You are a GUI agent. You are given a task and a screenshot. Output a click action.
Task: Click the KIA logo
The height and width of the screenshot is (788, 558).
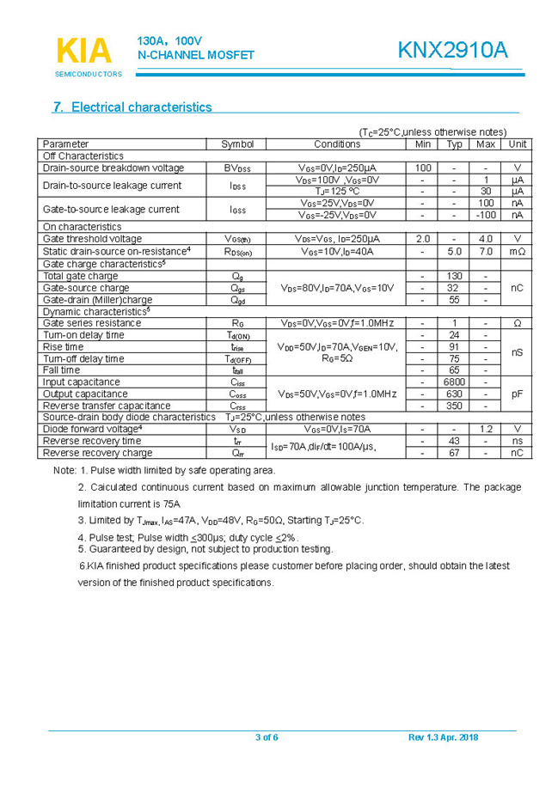(x=84, y=52)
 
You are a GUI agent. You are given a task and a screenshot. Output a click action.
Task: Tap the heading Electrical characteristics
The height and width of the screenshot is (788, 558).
(x=132, y=107)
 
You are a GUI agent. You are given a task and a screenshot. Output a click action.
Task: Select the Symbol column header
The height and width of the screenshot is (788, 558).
(x=237, y=144)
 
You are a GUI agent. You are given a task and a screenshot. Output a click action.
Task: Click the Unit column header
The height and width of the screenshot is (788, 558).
(x=517, y=144)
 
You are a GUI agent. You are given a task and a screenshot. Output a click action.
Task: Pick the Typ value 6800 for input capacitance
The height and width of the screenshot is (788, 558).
(x=454, y=382)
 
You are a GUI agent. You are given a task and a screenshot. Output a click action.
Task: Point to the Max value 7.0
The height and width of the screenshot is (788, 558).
(x=486, y=252)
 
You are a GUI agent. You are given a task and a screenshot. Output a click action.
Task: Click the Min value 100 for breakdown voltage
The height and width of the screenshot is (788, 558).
(x=423, y=168)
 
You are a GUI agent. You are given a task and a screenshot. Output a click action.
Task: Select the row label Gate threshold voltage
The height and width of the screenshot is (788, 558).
(x=92, y=239)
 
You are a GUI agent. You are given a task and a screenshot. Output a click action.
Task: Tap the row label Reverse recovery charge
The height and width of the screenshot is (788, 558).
(x=97, y=453)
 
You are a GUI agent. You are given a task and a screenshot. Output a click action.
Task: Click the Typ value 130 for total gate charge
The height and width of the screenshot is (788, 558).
(x=454, y=276)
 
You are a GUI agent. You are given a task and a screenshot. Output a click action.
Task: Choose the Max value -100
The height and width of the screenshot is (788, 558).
(x=486, y=215)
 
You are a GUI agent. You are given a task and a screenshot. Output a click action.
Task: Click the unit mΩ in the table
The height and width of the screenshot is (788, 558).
(x=517, y=252)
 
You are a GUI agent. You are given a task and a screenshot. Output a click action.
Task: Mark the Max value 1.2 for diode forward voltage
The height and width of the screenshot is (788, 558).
(x=486, y=429)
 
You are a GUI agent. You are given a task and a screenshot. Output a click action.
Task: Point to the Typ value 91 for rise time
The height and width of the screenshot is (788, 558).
(x=454, y=346)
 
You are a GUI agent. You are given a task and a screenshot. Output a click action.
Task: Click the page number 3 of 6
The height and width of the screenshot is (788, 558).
(x=267, y=737)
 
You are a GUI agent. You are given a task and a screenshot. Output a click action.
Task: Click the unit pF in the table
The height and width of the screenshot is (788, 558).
(x=517, y=394)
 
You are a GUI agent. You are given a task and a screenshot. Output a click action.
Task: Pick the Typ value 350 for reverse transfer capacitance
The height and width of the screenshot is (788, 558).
(x=454, y=406)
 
